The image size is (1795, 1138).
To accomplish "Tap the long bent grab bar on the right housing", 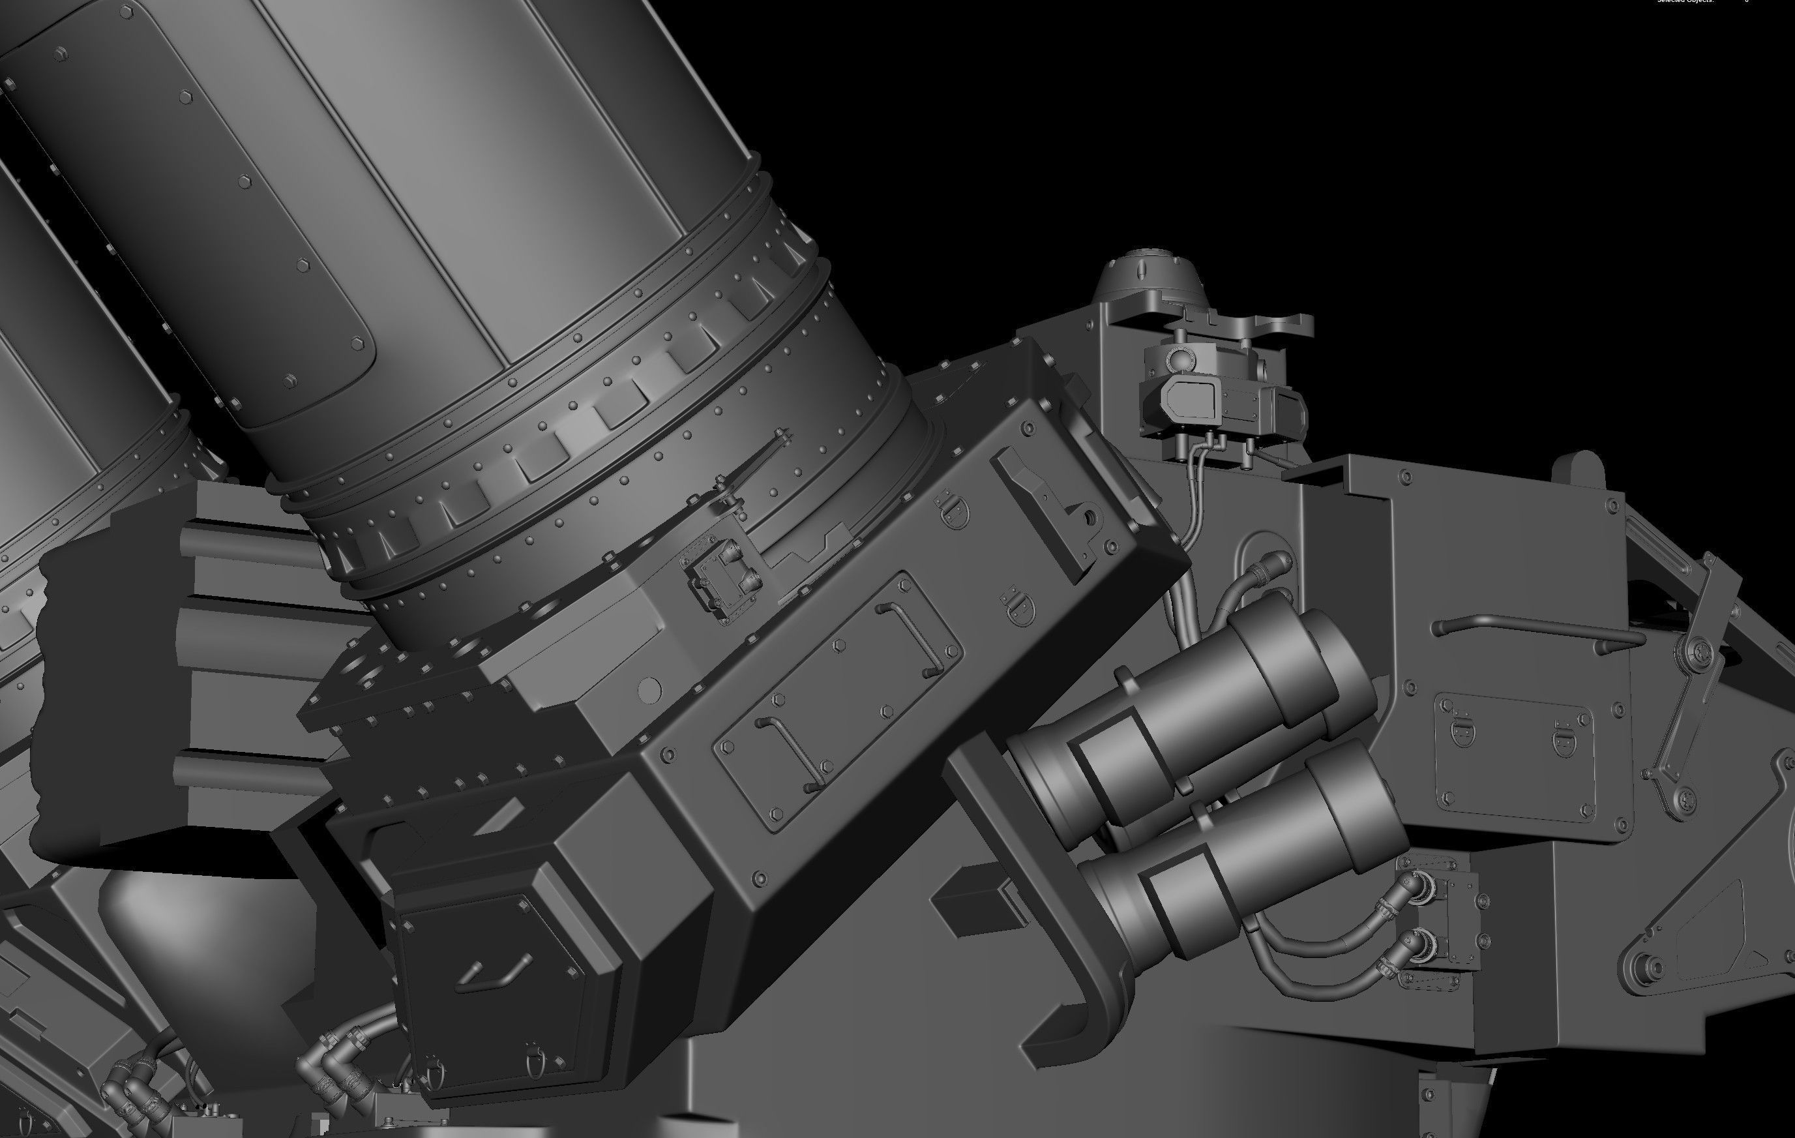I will (1535, 625).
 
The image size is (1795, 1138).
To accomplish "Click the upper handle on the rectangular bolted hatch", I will (910, 634).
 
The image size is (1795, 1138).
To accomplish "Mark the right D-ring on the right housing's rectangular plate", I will (1564, 738).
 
